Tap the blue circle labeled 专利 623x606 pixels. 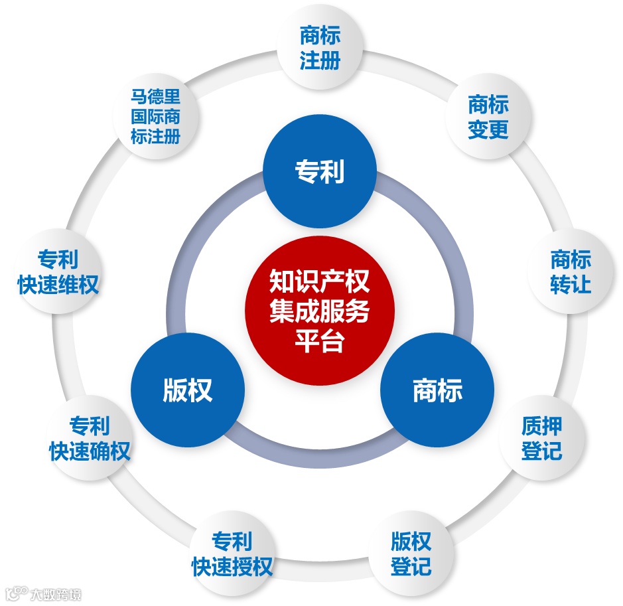(x=319, y=173)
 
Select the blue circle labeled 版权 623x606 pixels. (x=187, y=390)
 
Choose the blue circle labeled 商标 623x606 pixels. (x=437, y=390)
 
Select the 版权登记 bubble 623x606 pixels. (x=411, y=554)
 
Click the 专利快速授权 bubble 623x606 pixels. (x=232, y=554)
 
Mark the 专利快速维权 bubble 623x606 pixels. (x=58, y=272)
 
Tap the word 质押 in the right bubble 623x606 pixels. (x=541, y=425)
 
